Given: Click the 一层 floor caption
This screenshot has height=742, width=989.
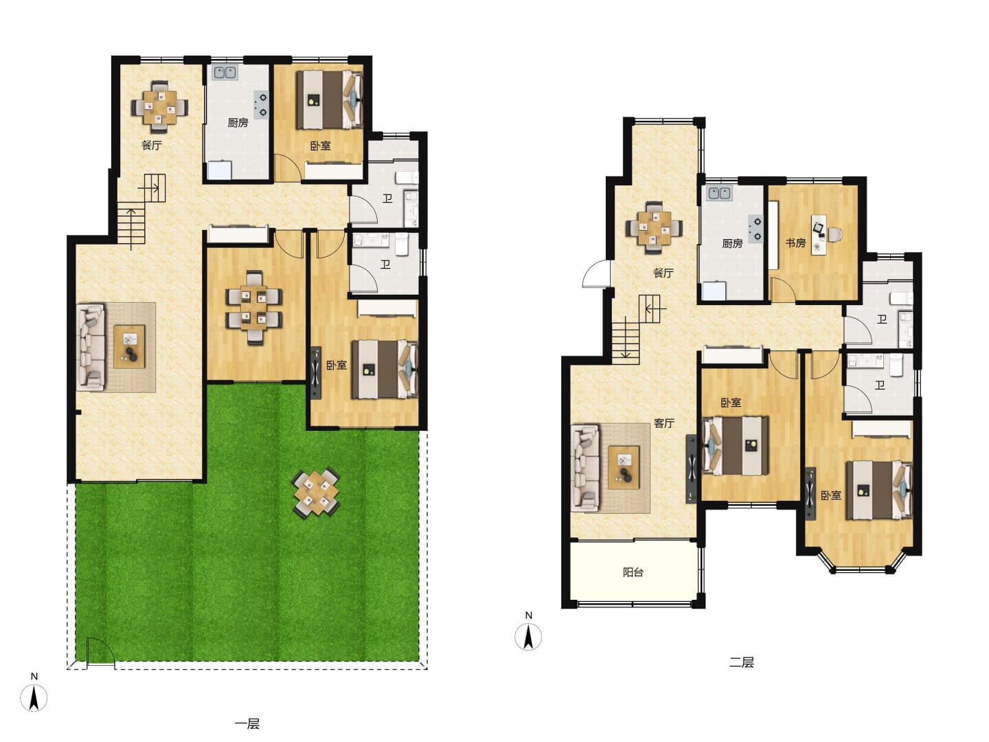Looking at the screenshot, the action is tap(247, 724).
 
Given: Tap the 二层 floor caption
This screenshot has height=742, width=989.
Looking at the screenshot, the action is tap(742, 662).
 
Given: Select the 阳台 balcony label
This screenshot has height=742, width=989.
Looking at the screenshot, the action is tap(633, 572).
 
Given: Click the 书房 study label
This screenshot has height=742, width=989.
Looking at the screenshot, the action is tap(795, 243).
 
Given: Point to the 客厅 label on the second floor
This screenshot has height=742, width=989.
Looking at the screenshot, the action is tap(663, 423).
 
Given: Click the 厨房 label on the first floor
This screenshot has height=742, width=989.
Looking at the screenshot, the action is tap(238, 122).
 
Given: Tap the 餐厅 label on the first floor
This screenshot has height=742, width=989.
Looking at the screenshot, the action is tap(151, 145).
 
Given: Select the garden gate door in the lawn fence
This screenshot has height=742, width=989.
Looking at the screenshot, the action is tap(100, 653).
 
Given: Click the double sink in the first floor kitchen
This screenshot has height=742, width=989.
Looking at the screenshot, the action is tap(225, 73).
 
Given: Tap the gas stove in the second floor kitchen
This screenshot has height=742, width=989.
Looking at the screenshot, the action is tap(755, 229).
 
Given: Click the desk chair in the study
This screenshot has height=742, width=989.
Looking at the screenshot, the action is tap(834, 235).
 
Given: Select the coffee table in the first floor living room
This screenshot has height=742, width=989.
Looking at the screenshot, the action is tap(129, 346).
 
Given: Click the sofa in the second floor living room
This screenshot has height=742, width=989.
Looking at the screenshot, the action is tap(585, 469).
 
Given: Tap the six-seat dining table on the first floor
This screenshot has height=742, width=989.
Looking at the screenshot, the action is tap(253, 307).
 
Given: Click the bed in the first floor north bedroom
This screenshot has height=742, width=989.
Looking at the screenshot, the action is tap(330, 100).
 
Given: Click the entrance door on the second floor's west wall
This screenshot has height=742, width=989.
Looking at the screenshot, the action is tap(595, 274).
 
